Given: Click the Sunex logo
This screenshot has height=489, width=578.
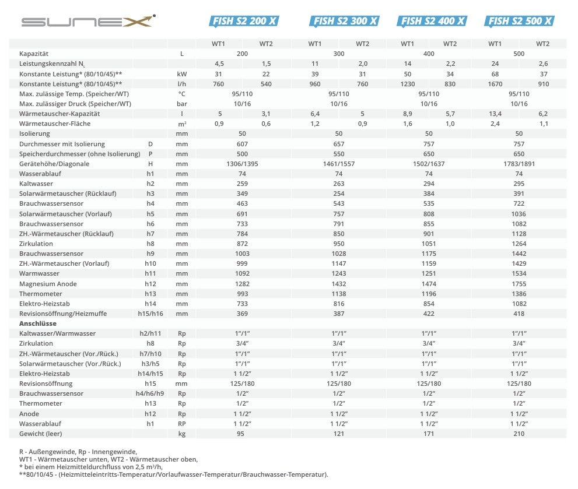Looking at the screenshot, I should tap(87, 22).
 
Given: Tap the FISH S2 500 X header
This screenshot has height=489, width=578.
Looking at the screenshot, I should tap(519, 22).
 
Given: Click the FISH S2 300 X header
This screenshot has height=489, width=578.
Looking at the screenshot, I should tap(345, 22).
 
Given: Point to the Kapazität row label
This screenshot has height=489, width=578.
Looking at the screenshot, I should tap(33, 54).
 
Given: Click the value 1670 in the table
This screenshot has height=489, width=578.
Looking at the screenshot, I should tap(495, 84).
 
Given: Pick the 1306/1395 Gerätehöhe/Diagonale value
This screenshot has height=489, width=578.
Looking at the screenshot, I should tap(242, 164).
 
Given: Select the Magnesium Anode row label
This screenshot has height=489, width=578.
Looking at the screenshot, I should tap(48, 284).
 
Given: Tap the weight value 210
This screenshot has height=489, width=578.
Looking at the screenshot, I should tap(519, 434).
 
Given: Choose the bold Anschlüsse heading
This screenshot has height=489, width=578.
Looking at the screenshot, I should tap(38, 323).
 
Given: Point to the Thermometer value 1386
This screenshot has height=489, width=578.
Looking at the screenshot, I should tap(519, 294).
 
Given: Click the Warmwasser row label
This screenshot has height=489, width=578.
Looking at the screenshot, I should tap(39, 274).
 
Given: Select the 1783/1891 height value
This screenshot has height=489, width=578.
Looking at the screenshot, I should tap(519, 164).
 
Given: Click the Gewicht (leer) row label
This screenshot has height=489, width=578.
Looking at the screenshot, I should tap(41, 434).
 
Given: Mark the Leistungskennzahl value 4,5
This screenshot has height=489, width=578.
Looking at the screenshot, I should tap(219, 64).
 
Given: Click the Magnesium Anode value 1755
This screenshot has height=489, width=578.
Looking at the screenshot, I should tap(519, 284).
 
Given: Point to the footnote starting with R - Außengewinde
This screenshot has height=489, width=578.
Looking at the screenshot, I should tap(78, 452).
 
